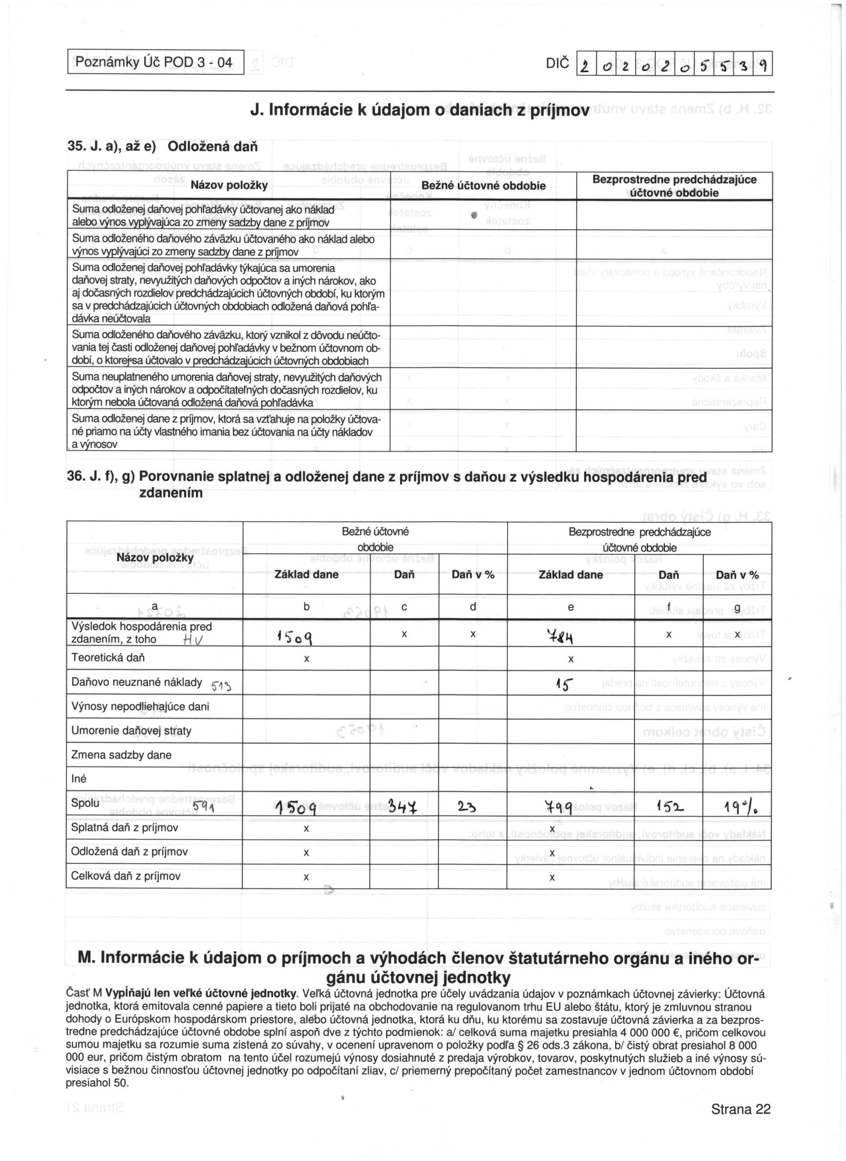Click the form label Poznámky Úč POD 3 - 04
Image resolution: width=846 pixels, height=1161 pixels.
pyautogui.click(x=154, y=63)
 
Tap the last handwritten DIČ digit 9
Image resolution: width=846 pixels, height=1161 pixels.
pyautogui.click(x=762, y=65)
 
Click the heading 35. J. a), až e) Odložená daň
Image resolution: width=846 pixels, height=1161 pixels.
pyautogui.click(x=162, y=147)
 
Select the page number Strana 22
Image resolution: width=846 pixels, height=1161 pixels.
pyautogui.click(x=740, y=1109)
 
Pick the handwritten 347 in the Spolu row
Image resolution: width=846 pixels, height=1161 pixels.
pyautogui.click(x=403, y=808)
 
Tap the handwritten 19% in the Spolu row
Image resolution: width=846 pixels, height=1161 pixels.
pyautogui.click(x=738, y=808)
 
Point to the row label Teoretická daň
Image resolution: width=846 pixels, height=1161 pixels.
pyautogui.click(x=108, y=658)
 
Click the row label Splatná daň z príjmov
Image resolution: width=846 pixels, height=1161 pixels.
pyautogui.click(x=125, y=828)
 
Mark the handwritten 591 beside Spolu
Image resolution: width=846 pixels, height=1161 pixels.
pyautogui.click(x=204, y=809)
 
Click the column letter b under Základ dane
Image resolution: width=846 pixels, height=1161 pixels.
pyautogui.click(x=306, y=607)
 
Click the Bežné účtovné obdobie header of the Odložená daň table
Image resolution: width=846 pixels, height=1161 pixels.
pyautogui.click(x=483, y=186)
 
